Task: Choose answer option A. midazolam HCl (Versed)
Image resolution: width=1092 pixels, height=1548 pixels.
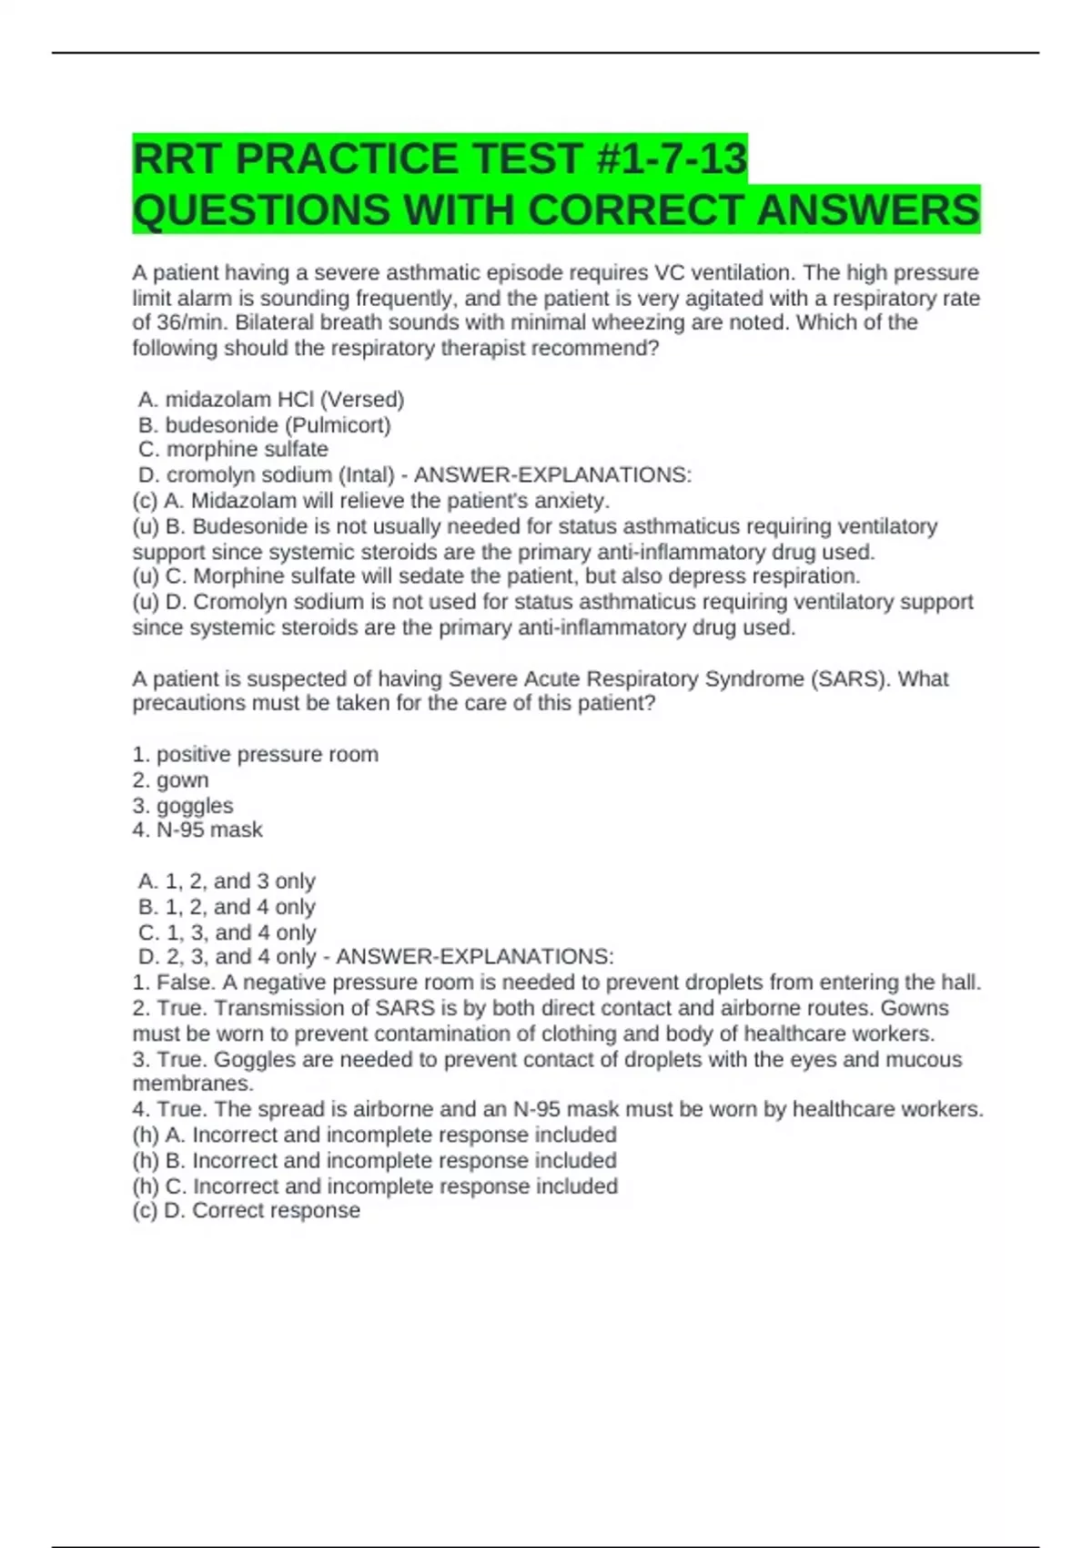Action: pyautogui.click(x=271, y=400)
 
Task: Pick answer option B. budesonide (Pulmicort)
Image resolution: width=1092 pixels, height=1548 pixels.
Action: pyautogui.click(x=264, y=425)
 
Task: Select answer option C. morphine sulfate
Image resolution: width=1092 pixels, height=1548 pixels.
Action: pyautogui.click(x=233, y=450)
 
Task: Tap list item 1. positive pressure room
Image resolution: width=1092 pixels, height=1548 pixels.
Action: pyautogui.click(x=255, y=755)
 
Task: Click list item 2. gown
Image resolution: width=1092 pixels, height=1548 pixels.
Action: pyautogui.click(x=170, y=780)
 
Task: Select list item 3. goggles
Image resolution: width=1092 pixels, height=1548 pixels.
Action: pyautogui.click(x=182, y=806)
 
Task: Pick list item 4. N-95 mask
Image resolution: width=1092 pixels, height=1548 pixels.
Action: pyautogui.click(x=197, y=830)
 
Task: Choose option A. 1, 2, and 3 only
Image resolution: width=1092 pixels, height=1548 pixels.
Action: pyautogui.click(x=227, y=881)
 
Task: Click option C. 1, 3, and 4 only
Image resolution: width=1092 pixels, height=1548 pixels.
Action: pyautogui.click(x=227, y=932)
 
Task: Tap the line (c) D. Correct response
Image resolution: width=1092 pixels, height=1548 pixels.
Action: pyautogui.click(x=246, y=1211)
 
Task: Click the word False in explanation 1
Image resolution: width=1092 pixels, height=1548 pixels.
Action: pyautogui.click(x=185, y=983)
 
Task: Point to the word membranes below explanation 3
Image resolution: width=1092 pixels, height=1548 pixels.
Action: pyautogui.click(x=192, y=1085)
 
